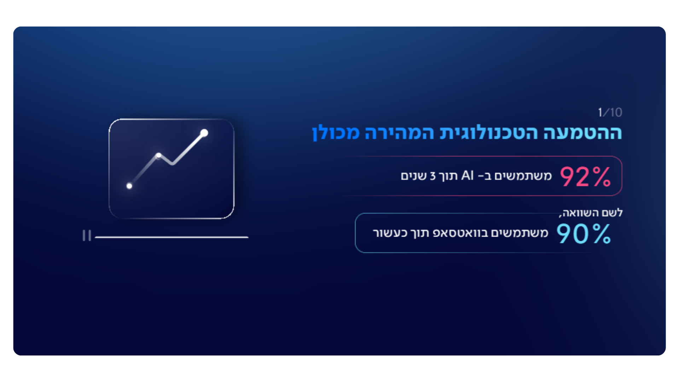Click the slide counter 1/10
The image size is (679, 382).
point(610,112)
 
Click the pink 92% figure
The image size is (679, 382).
point(585,176)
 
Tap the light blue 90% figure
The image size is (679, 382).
point(584,234)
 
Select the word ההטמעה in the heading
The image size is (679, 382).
point(582,133)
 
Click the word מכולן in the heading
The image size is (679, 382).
point(336,133)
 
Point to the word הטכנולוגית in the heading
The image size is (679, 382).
point(488,133)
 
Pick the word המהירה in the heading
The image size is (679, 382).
point(399,133)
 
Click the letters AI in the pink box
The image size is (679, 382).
point(468,175)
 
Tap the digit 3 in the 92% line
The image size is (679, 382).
point(433,176)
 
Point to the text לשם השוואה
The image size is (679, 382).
point(591,213)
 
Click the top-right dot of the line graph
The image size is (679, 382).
point(204,133)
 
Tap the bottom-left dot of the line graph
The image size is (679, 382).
point(129,186)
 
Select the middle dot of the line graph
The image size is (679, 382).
point(158,155)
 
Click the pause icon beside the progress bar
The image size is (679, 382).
point(87,236)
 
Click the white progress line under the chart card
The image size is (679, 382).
point(172,237)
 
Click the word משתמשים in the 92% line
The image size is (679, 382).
point(523,176)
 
